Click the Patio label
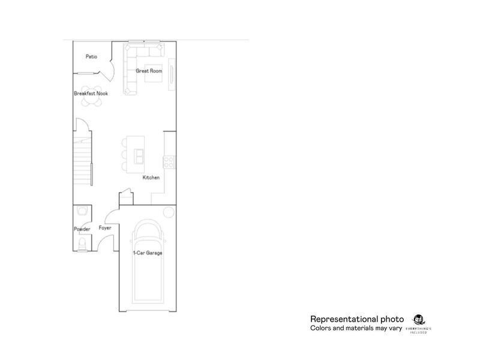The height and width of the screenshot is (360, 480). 91,58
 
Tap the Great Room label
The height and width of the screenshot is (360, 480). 149,71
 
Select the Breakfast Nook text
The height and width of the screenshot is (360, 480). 91,94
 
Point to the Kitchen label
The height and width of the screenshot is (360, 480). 151,178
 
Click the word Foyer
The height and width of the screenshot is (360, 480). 106,229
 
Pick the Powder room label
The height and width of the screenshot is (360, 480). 82,229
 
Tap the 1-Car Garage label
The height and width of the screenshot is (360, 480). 148,253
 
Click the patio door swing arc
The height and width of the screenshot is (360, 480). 109,71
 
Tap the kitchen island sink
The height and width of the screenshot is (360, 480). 139,156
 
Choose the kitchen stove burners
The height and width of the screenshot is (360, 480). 169,161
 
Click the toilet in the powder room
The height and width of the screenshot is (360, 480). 82,243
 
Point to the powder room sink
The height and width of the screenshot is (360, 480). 82,212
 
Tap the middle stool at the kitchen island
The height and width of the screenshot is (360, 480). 124,155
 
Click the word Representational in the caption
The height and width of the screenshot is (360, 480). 340,319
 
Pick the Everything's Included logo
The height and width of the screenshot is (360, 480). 419,323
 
